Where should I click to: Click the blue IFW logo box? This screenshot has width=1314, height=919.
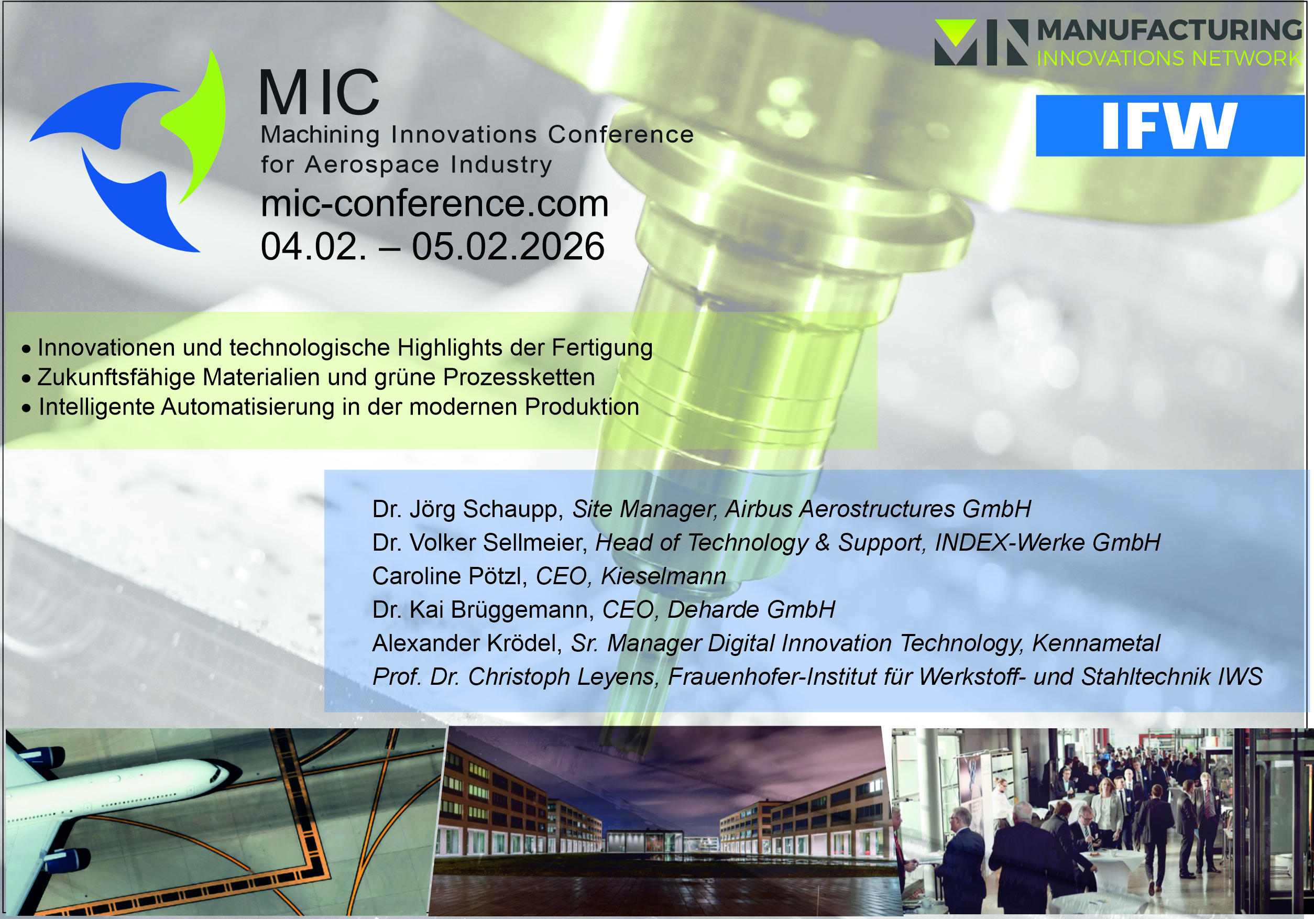pos(1169,125)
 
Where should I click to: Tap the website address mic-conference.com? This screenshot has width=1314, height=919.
pos(434,203)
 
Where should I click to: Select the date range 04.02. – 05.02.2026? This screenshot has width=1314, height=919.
pos(432,247)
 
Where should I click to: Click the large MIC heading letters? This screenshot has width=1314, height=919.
pos(320,92)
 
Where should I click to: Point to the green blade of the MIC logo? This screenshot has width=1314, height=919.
pos(198,126)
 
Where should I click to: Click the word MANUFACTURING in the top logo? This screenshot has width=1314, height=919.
pos(1169,30)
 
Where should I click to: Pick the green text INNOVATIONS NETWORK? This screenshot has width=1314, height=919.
pos(1169,58)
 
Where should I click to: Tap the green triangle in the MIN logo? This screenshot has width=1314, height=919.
pos(955,31)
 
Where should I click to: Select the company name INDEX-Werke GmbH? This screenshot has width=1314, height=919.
pos(1047,542)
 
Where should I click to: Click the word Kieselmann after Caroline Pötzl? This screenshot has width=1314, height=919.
pos(663,576)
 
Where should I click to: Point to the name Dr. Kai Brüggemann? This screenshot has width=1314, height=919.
pos(483,610)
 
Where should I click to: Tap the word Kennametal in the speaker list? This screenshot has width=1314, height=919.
pos(1096,643)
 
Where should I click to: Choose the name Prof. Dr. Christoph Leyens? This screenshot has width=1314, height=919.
pos(513,677)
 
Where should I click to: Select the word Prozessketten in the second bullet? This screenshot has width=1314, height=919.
pos(519,378)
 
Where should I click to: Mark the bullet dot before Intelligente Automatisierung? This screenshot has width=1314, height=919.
pos(26,408)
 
